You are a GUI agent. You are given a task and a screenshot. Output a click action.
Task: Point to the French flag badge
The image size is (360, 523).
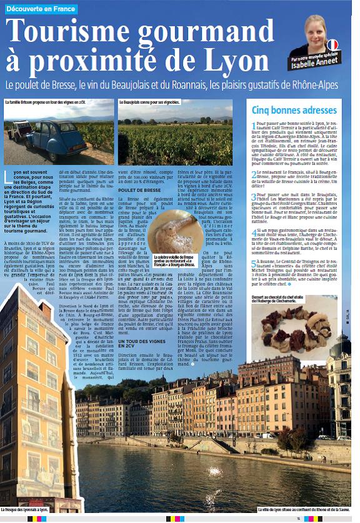coord(332,45)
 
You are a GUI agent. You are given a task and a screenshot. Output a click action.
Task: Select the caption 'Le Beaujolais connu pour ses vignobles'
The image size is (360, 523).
coord(149,101)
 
